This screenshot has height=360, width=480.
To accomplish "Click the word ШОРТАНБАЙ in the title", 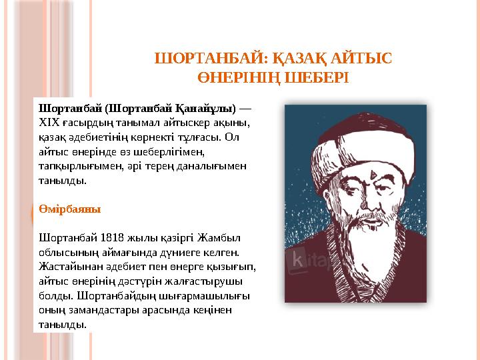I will (x=194, y=59).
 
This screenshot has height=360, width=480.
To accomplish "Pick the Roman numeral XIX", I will (x=49, y=123).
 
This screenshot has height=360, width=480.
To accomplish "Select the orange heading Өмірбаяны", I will (x=70, y=209).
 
